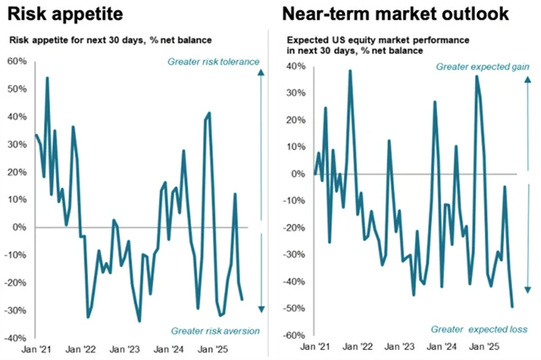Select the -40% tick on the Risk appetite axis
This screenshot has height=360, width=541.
(16, 337)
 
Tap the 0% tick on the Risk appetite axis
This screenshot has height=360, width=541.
(20, 227)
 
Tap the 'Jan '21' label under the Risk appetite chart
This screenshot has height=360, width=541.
(32, 347)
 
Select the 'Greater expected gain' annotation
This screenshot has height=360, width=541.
(482, 67)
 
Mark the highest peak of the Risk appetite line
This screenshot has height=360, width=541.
(46, 78)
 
